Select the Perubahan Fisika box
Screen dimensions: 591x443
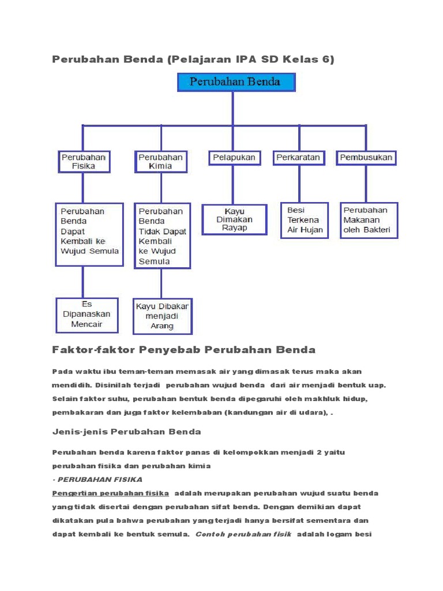(x=84, y=162)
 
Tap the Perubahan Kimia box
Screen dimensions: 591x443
(x=161, y=162)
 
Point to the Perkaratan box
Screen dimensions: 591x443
(x=298, y=157)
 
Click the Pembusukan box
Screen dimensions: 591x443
(x=366, y=157)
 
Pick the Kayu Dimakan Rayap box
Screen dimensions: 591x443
(x=234, y=219)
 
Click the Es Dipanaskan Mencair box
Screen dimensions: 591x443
(x=87, y=315)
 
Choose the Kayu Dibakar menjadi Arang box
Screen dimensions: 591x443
(x=162, y=316)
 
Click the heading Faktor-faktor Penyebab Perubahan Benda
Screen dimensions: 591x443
(x=183, y=350)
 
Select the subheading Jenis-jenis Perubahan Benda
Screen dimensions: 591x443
(x=126, y=432)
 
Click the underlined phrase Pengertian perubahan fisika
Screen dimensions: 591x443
(x=111, y=493)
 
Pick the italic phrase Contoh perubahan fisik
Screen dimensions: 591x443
(x=243, y=534)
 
